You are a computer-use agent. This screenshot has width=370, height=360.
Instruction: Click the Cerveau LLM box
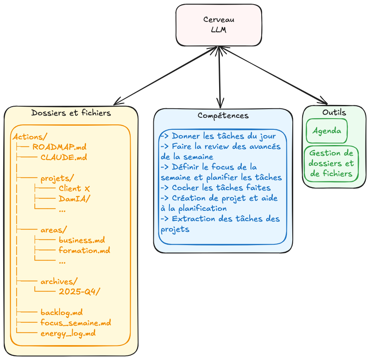coord(219,25)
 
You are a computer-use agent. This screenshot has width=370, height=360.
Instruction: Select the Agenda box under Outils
coord(327,131)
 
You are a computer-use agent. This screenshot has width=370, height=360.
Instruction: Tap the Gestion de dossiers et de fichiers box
coord(331,164)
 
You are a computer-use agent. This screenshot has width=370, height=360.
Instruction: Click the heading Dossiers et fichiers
coord(71,113)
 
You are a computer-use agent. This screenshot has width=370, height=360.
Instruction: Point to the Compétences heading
coord(223,115)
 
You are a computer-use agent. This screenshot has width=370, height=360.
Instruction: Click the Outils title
coord(334,112)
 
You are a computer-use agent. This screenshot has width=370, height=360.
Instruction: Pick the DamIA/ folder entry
coord(74,199)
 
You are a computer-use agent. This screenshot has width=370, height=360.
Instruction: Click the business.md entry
coord(81,240)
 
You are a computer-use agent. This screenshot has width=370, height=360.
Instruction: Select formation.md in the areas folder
coord(84,250)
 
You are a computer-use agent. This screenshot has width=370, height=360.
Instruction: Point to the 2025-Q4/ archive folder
coord(79,292)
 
